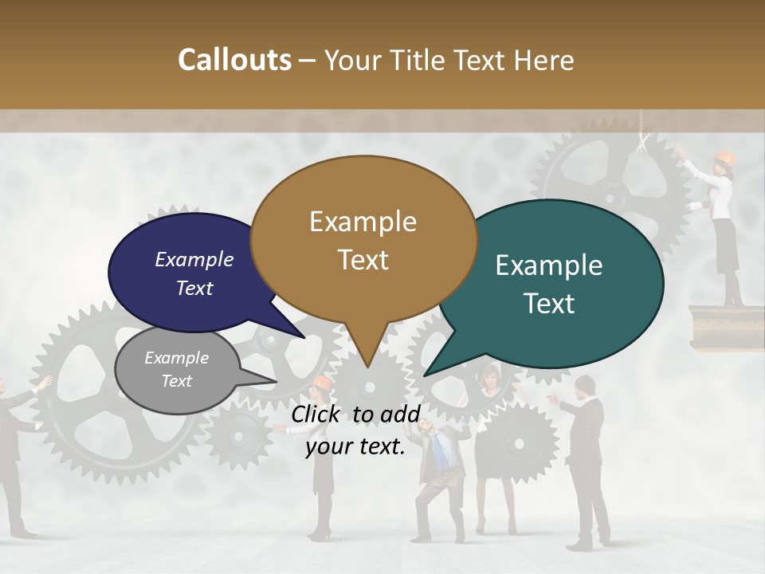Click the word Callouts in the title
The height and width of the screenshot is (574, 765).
click(x=234, y=60)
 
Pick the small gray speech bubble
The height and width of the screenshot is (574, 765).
click(x=177, y=369)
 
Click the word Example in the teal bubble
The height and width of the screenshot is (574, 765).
click(x=549, y=265)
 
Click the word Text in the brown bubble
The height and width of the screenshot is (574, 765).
click(x=363, y=260)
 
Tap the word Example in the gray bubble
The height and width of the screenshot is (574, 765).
click(x=177, y=358)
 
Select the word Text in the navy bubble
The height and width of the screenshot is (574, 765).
click(x=194, y=289)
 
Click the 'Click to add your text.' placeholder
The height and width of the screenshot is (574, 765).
click(x=355, y=431)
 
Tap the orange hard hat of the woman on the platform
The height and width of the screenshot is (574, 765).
click(x=724, y=157)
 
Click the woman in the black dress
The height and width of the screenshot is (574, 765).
click(x=496, y=446)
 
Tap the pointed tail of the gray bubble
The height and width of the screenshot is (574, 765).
click(x=274, y=382)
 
